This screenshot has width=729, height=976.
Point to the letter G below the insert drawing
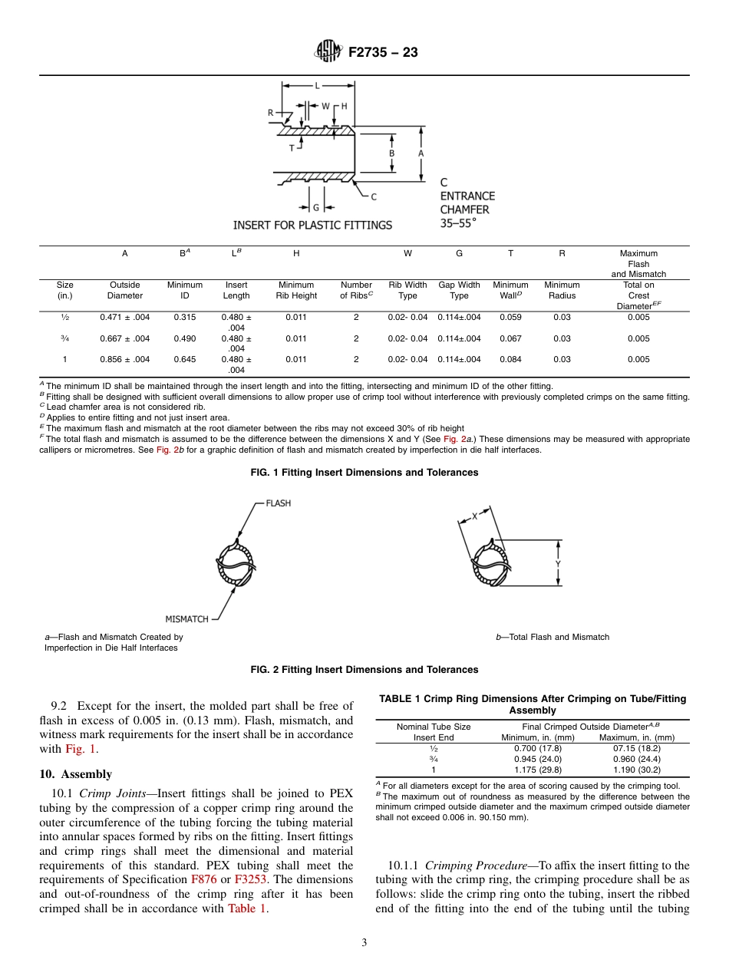(x=316, y=207)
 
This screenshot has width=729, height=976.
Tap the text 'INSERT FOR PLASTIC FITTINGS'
(x=312, y=225)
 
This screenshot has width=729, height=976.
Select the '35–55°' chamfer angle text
(x=458, y=223)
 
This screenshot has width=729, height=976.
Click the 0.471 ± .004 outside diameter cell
(x=125, y=318)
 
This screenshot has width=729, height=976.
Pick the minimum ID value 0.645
(x=184, y=359)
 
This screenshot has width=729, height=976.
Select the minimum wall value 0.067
(x=510, y=338)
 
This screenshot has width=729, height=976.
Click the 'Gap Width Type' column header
(x=459, y=290)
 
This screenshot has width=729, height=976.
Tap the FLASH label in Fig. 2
(x=278, y=503)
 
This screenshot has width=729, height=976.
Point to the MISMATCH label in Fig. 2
(x=186, y=618)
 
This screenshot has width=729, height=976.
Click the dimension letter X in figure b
(x=474, y=516)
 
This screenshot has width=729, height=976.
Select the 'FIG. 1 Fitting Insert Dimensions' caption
(x=364, y=473)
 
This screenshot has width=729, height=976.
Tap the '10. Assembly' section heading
(x=75, y=774)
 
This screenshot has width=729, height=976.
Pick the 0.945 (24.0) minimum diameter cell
(x=538, y=759)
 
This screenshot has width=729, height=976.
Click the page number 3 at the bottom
(x=364, y=943)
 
